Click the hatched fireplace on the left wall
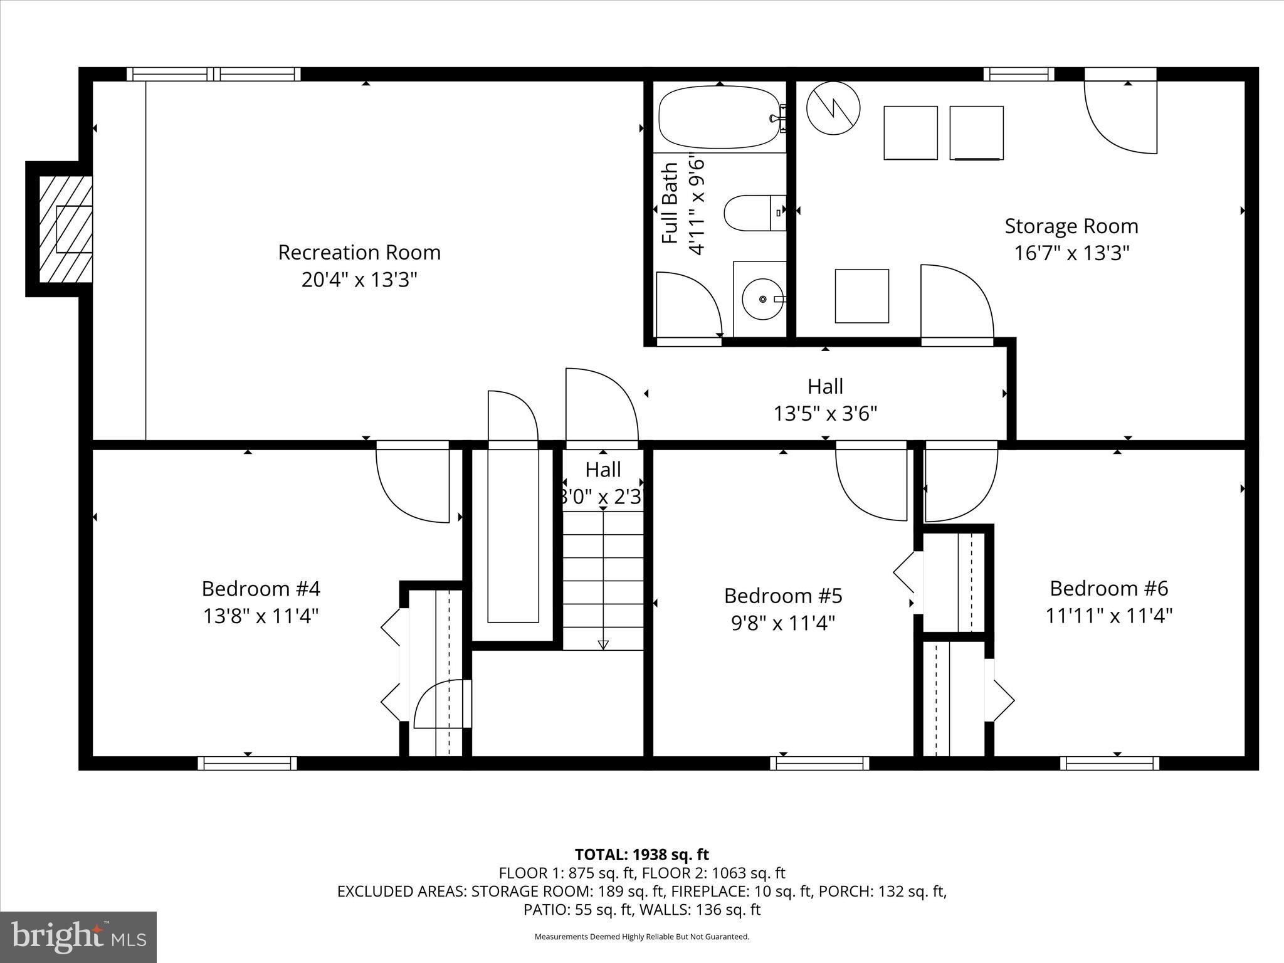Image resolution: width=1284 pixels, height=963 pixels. [x=65, y=229]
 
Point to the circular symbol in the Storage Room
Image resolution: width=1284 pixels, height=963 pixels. [x=833, y=108]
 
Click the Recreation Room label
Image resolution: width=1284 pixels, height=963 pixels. [x=359, y=253]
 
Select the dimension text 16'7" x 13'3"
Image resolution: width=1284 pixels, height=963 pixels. [x=1071, y=253]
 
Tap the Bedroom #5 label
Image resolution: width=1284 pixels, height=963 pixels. [x=783, y=596]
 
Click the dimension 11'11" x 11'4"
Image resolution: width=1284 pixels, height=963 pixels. [x=1108, y=616]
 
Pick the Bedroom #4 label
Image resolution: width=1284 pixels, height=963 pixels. [x=261, y=589]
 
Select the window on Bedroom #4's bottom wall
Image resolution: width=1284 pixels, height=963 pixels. [x=248, y=763]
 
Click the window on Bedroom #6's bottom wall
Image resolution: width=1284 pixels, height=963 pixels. [x=1109, y=763]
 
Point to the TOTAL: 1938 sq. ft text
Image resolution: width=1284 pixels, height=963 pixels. [x=641, y=855]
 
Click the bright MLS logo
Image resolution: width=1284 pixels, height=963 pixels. [x=78, y=937]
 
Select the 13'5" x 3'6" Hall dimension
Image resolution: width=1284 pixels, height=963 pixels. [x=824, y=414]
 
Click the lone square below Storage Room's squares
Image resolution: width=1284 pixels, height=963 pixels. [x=861, y=296]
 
